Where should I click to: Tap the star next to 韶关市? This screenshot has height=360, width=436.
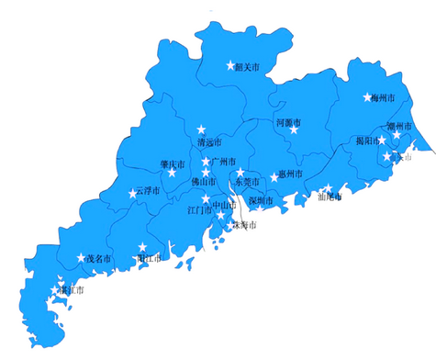tap(230, 65)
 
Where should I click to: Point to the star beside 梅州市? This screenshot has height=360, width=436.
tap(365, 96)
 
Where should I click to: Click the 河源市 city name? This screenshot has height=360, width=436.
tap(289, 121)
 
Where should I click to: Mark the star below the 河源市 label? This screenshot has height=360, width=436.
tap(294, 129)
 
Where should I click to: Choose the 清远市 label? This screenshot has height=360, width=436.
tap(210, 142)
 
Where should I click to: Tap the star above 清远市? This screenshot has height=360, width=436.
tap(202, 129)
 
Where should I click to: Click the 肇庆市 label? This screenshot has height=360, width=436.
tap(173, 165)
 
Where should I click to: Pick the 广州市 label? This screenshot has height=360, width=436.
tap(225, 162)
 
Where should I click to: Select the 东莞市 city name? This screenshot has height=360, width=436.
tap(243, 182)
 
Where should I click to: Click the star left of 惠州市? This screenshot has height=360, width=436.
tap(274, 176)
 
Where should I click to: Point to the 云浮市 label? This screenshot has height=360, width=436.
tap(149, 192)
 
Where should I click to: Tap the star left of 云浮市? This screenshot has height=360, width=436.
tap(132, 194)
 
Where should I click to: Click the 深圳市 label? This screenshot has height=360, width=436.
tap(261, 200)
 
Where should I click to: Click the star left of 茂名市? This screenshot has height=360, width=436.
tap(81, 258)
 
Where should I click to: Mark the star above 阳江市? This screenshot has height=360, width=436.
tap(142, 246)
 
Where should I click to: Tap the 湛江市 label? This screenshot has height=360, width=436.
tap(70, 290)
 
